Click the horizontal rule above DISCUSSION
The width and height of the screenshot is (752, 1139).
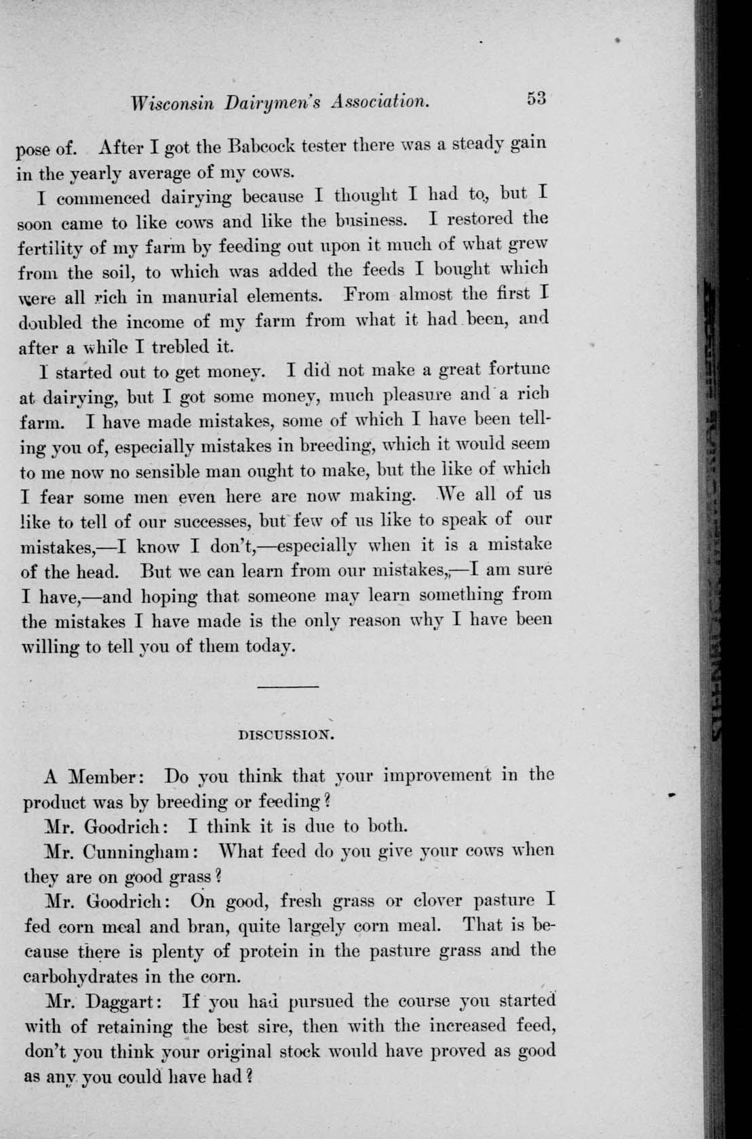click(x=288, y=687)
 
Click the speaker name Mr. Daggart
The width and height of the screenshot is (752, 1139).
click(x=102, y=1002)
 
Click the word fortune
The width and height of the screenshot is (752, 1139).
click(x=515, y=371)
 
